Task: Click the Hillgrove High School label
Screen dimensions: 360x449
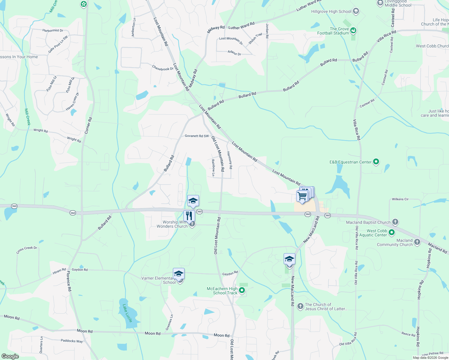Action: tap(331, 12)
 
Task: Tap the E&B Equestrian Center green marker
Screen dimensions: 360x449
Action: tap(376, 162)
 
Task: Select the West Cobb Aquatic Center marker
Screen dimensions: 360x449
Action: tap(391, 232)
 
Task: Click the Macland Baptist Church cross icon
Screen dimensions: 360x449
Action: tap(395, 222)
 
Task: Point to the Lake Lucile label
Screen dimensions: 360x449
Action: tap(127, 313)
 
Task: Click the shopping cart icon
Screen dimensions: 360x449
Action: tap(302, 196)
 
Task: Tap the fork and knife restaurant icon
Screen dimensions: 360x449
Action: tap(189, 216)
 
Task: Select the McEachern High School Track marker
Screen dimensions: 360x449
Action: tap(242, 290)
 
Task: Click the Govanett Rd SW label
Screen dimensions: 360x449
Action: tap(197, 136)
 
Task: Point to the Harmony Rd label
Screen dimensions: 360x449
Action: tap(230, 160)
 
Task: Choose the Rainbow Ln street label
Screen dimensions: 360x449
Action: tap(213, 168)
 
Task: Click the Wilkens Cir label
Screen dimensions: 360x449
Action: tap(400, 199)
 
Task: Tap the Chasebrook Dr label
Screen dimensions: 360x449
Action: tap(163, 68)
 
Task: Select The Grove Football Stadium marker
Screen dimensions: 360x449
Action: tap(353, 30)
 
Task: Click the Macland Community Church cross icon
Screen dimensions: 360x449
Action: tap(417, 242)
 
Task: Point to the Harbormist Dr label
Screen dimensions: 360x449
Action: tap(53, 31)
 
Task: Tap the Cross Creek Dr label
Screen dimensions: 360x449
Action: tap(27, 250)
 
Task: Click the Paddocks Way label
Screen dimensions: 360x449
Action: tap(72, 341)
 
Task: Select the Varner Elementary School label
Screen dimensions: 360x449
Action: tap(158, 280)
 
